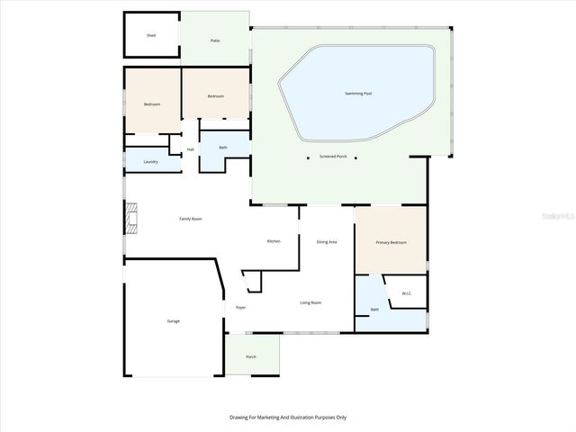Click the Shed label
coord(151,36)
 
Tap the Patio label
coord(215,40)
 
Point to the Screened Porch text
coord(333,157)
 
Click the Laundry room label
coord(150,162)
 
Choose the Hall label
coord(191,149)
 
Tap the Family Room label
coord(190,219)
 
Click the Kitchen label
coord(274,241)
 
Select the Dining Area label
coord(327,241)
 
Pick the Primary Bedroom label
coord(391,242)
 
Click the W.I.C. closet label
coord(407,292)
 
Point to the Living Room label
coord(310,302)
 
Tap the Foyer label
coord(241,308)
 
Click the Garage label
coord(173,321)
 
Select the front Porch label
coord(251,356)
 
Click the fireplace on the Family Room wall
coord(131,219)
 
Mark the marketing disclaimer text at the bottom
coord(288,417)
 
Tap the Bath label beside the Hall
coord(222,147)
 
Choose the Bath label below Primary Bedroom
coord(374,310)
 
